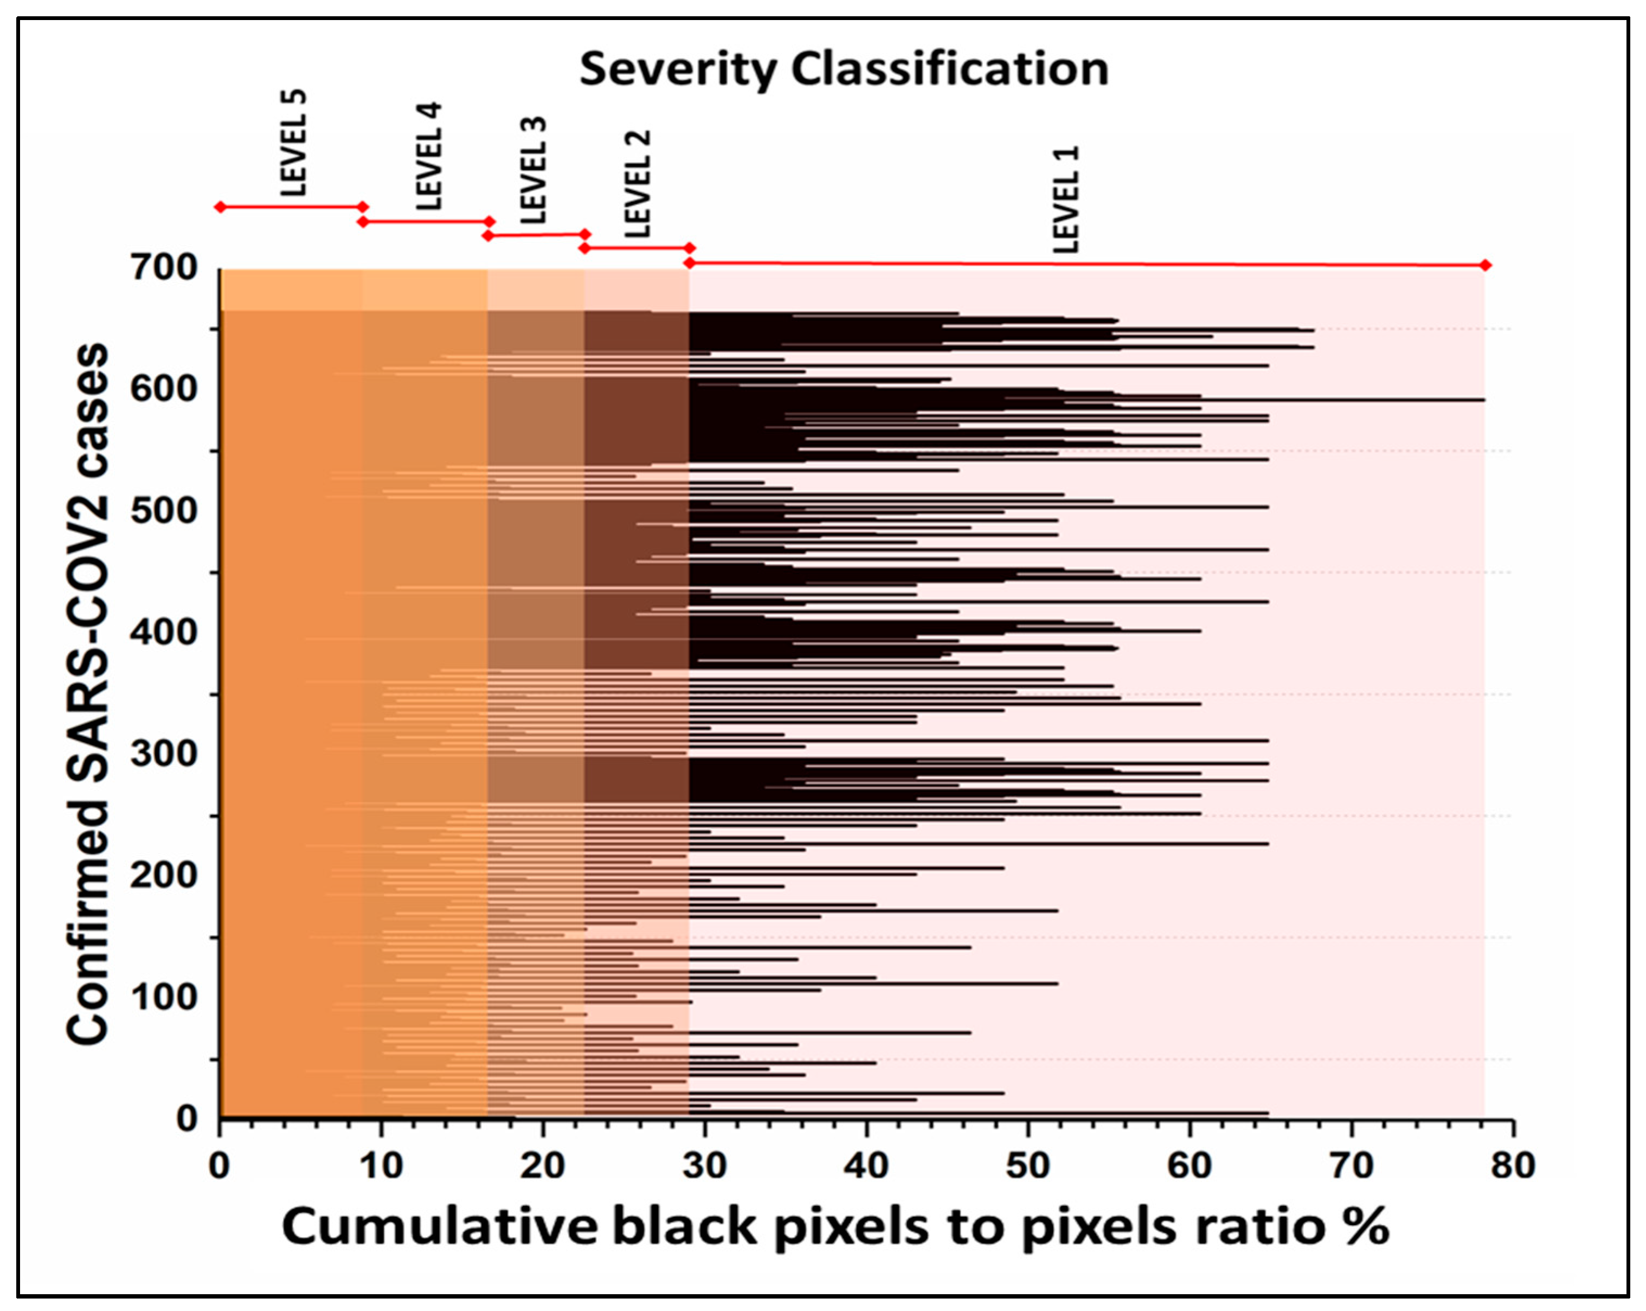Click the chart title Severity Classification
[844, 69]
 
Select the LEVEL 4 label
[429, 157]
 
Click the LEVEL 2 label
[638, 184]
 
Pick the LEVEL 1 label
[1066, 200]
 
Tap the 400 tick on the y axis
[164, 632]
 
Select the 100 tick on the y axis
[164, 997]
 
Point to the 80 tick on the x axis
[1513, 1166]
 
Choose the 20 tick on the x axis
[543, 1166]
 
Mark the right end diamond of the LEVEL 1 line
[1485, 265]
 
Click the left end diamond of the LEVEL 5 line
[220, 207]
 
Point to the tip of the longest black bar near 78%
[1483, 400]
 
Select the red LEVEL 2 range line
[636, 247]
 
